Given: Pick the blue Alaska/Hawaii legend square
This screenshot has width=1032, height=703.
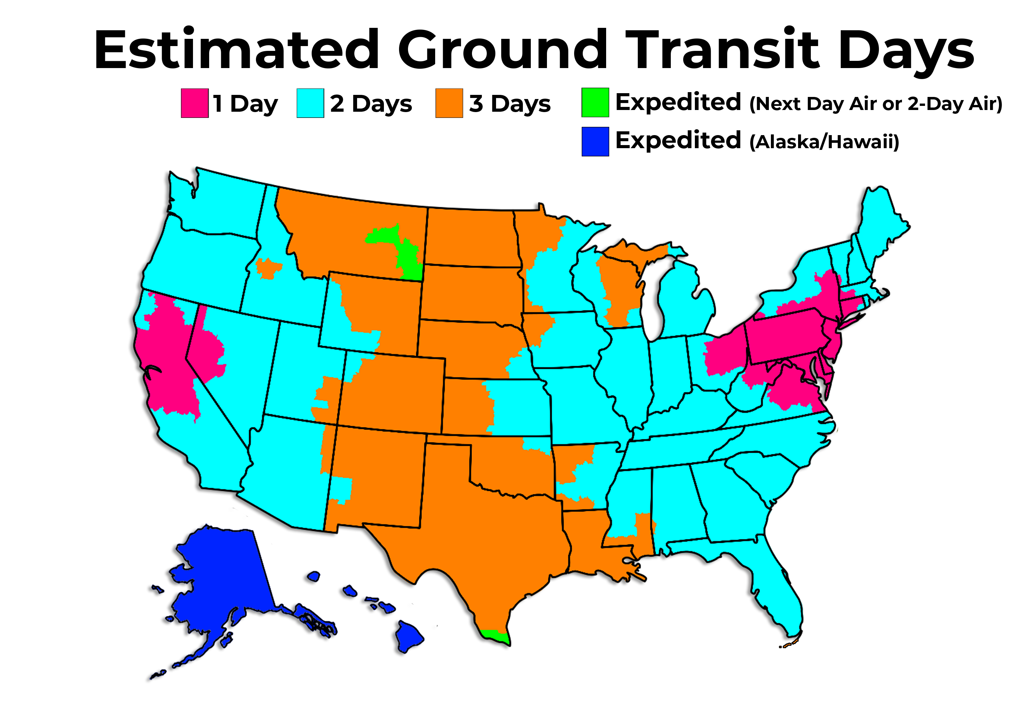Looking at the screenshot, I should (x=595, y=142).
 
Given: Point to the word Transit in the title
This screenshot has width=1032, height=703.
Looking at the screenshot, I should (x=724, y=50).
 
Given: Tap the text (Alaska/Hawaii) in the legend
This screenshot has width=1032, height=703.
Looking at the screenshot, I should (x=824, y=142).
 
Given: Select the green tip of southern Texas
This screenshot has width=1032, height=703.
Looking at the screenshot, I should (x=496, y=635).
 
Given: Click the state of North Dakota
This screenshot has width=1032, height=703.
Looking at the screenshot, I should (x=471, y=238).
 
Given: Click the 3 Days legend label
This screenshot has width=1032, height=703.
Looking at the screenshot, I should (x=510, y=104).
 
